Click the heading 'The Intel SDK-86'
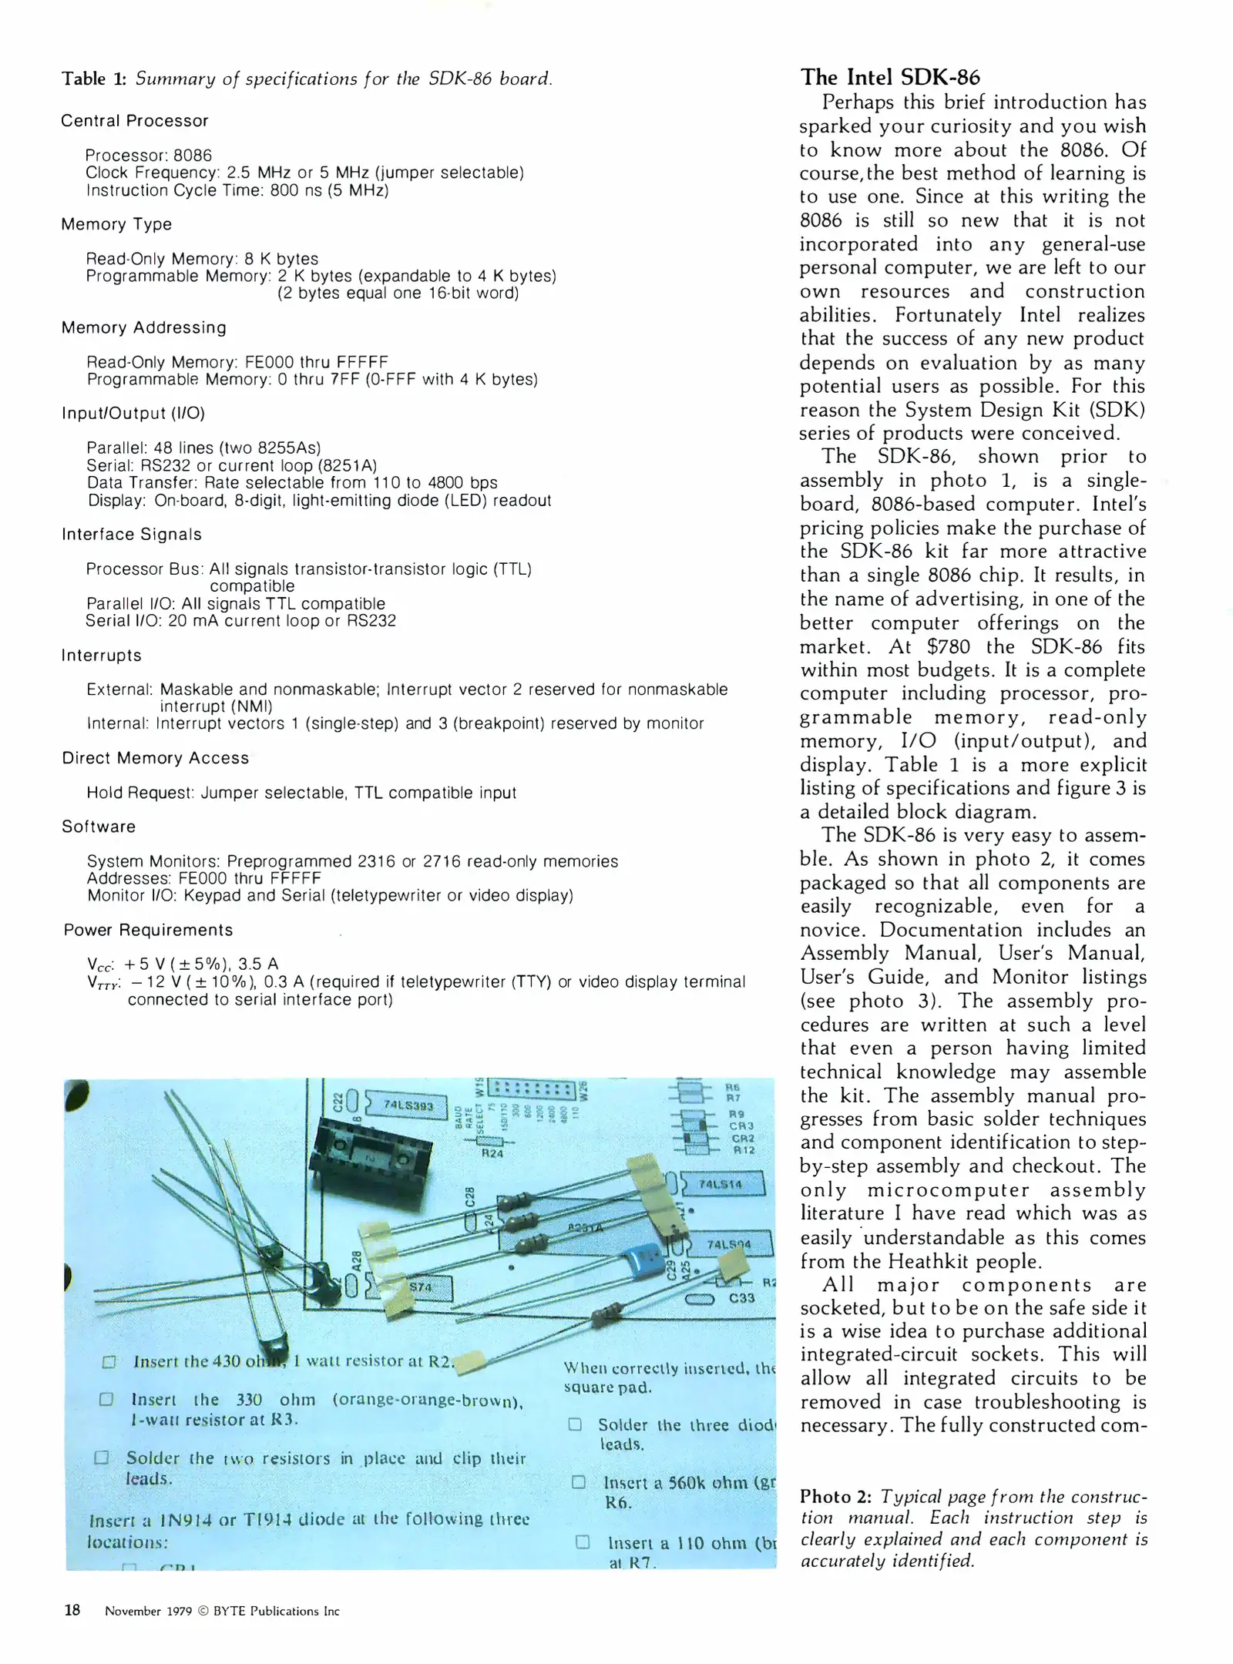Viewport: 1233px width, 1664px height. tap(890, 77)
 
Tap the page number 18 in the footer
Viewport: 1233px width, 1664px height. tap(72, 1610)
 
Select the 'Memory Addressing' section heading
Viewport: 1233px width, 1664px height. tap(144, 327)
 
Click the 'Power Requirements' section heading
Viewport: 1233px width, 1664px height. tap(148, 930)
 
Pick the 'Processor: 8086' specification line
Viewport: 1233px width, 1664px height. tap(149, 155)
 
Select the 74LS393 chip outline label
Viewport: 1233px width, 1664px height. tap(408, 1105)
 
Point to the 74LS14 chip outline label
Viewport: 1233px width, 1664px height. tap(720, 1184)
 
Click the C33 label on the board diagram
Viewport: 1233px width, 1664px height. tap(741, 1298)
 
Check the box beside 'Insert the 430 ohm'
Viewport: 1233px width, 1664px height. tap(109, 1362)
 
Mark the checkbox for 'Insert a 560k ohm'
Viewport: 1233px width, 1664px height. tap(579, 1482)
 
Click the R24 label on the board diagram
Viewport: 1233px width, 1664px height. tap(492, 1153)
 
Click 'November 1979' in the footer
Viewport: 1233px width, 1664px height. tap(148, 1611)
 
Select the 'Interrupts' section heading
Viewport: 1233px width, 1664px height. tap(102, 656)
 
